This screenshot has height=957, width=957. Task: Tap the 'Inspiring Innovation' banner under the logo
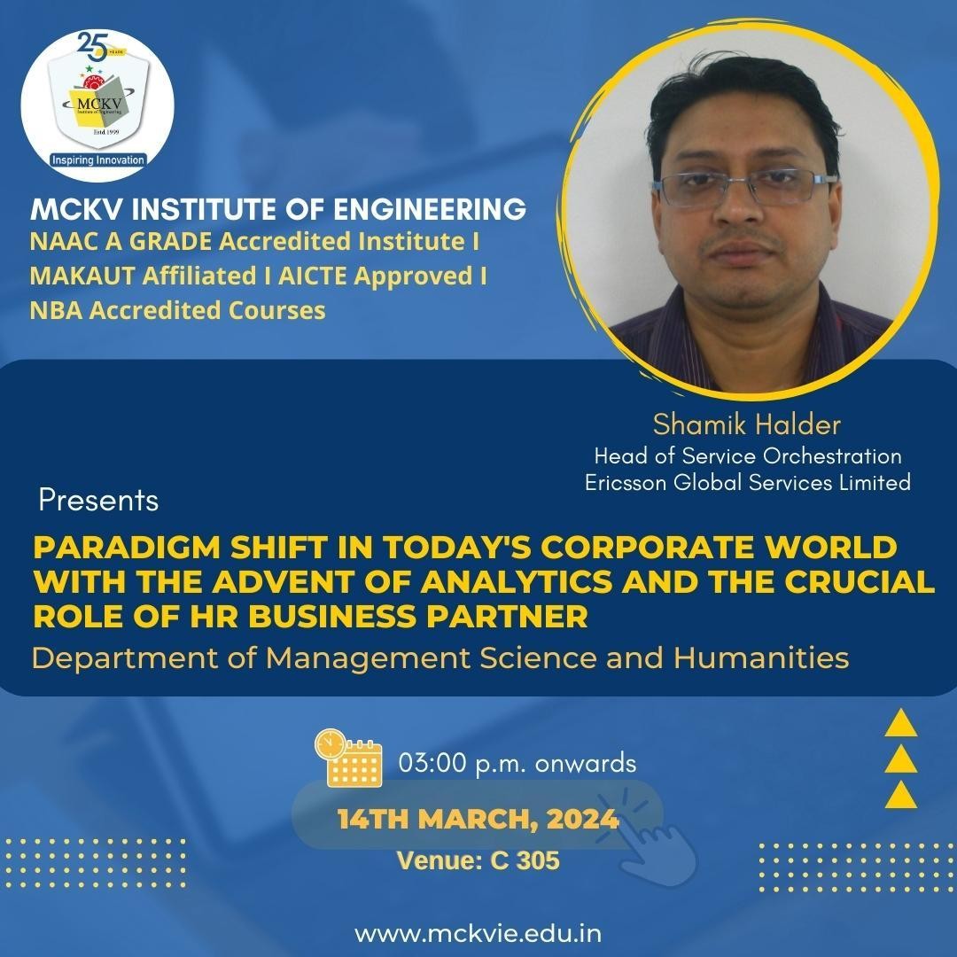pyautogui.click(x=97, y=159)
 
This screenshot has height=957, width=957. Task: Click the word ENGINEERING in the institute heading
pyautogui.click(x=430, y=209)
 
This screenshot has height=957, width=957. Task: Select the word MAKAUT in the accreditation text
pyautogui.click(x=82, y=276)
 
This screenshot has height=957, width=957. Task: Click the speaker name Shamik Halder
pyautogui.click(x=746, y=424)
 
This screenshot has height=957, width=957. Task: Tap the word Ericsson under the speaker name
pyautogui.click(x=626, y=482)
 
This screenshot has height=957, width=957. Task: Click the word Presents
pyautogui.click(x=98, y=500)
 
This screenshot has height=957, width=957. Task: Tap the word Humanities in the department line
pyautogui.click(x=761, y=657)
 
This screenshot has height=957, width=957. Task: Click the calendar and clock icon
pyautogui.click(x=348, y=757)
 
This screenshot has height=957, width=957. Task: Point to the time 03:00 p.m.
pyautogui.click(x=463, y=763)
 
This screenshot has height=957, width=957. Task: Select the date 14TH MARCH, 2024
pyautogui.click(x=478, y=819)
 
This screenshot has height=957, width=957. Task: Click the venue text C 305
pyautogui.click(x=525, y=860)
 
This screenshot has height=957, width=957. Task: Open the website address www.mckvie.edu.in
pyautogui.click(x=478, y=933)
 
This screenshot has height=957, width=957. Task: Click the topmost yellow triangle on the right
pyautogui.click(x=901, y=723)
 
